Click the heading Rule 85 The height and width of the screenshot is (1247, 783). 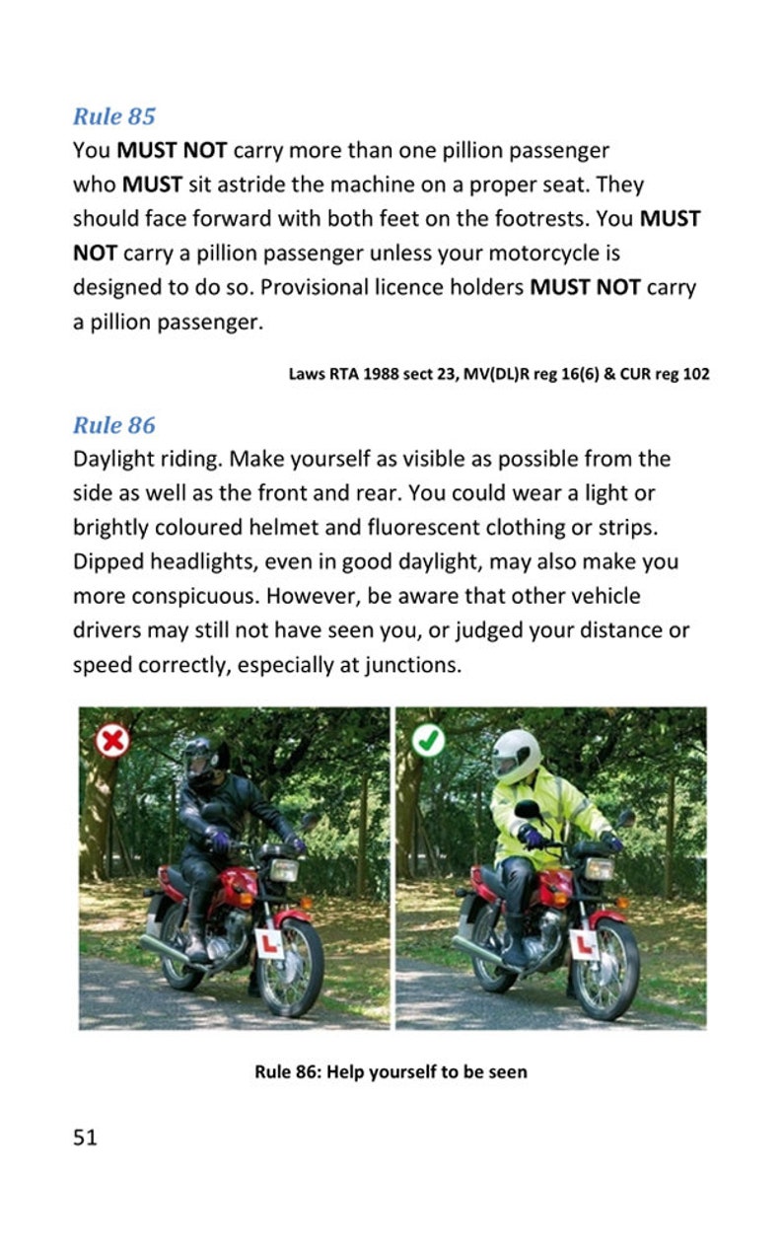(x=114, y=116)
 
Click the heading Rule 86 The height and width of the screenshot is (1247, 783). (x=114, y=425)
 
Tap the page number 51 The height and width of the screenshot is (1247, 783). (x=86, y=1137)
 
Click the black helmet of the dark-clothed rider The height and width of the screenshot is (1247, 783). (x=201, y=759)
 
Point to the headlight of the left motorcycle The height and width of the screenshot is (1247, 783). (x=285, y=870)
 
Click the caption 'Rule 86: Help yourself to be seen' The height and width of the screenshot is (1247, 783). (x=391, y=1071)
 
